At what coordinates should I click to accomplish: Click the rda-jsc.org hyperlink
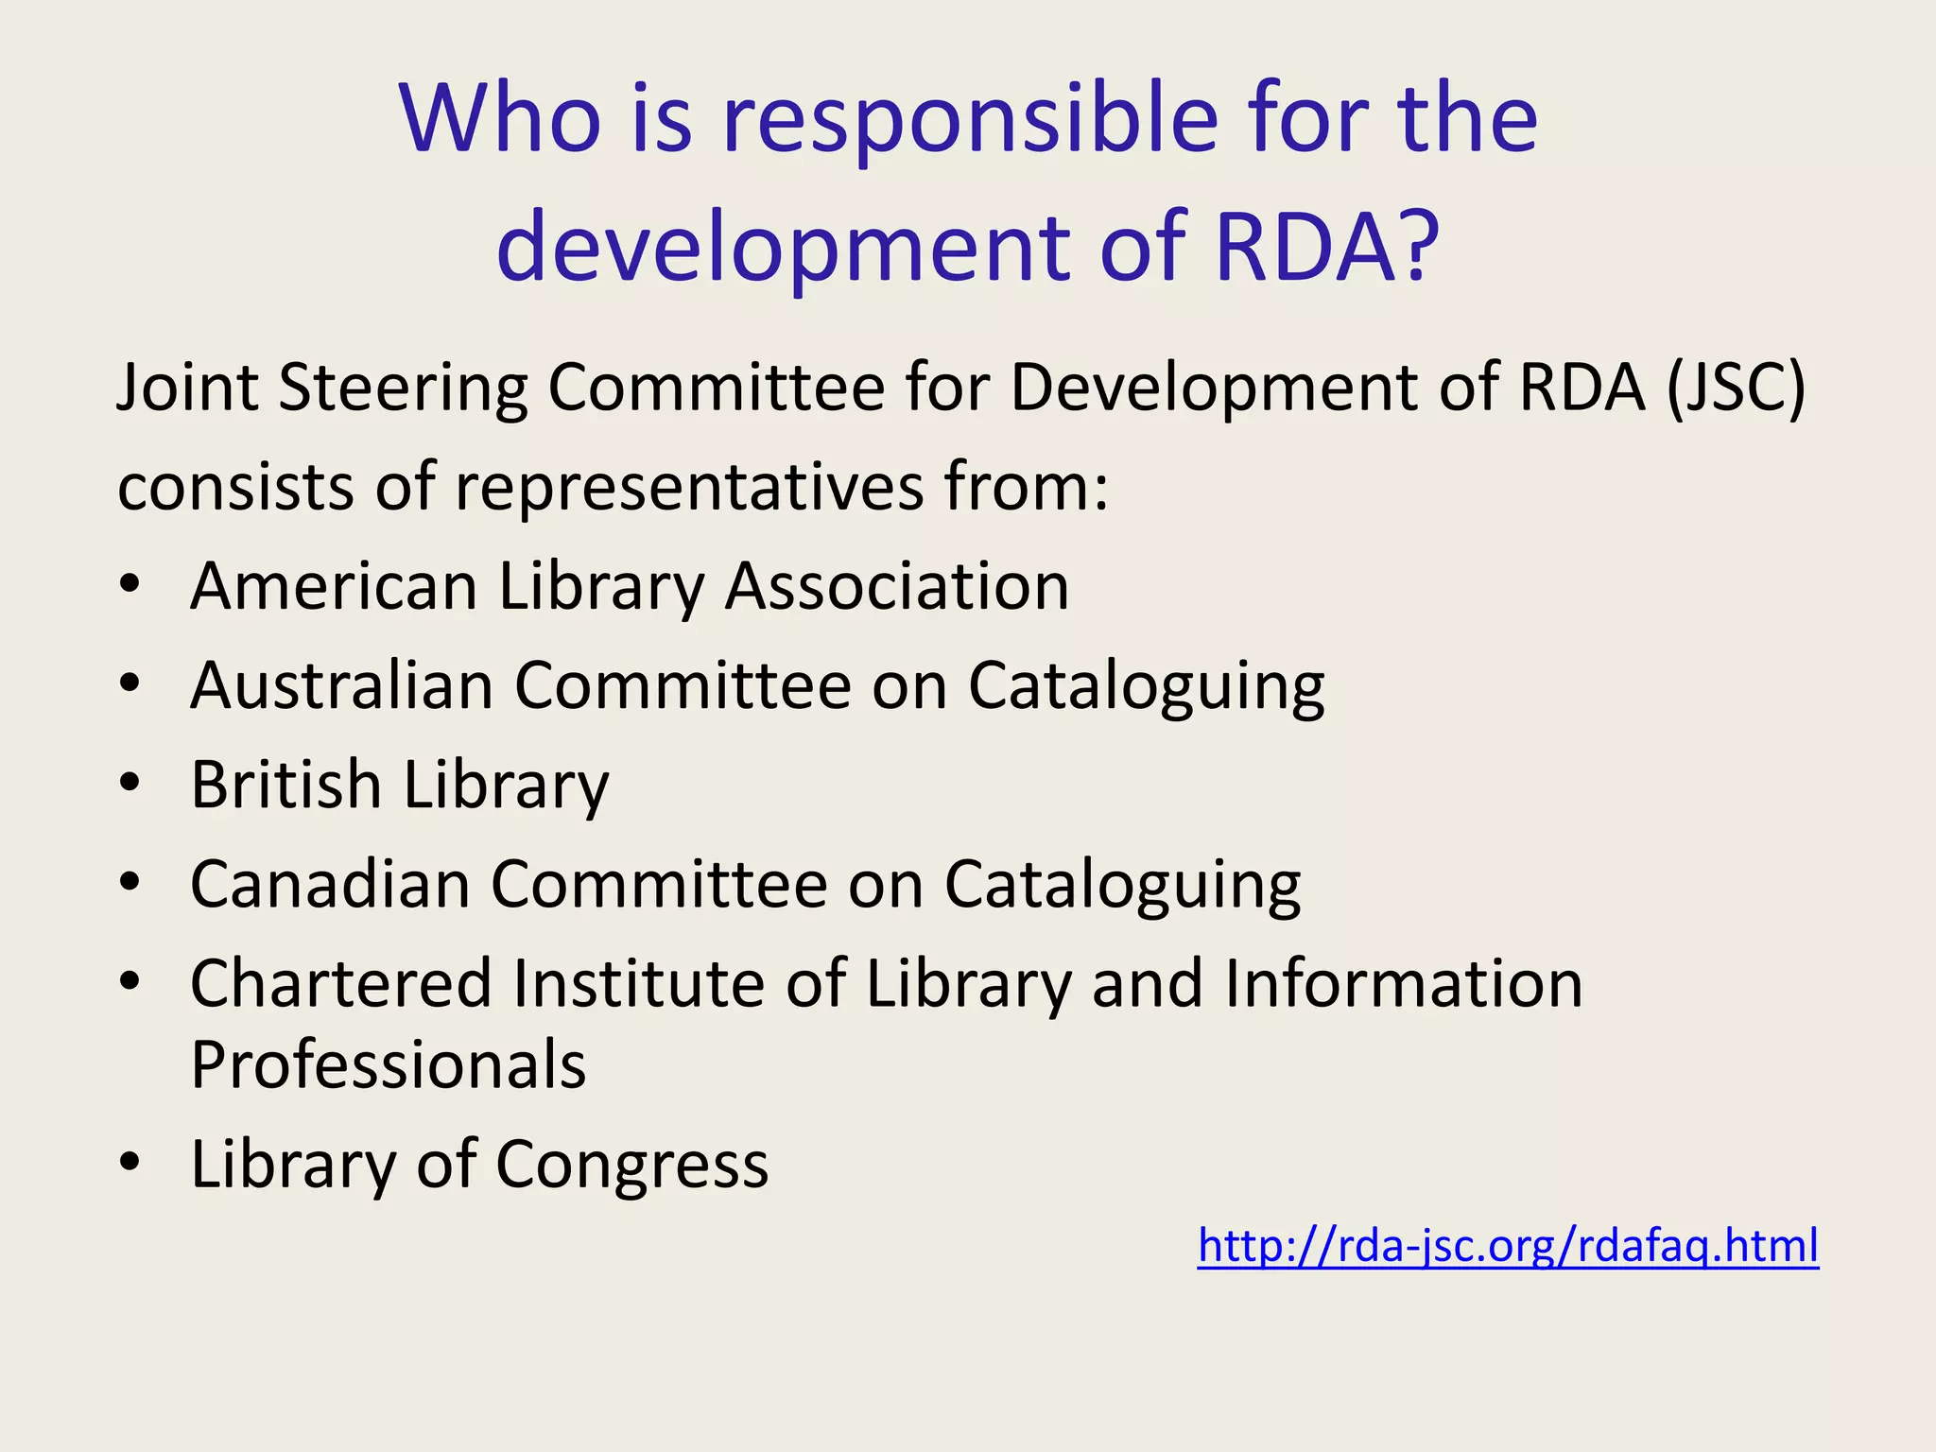(1508, 1246)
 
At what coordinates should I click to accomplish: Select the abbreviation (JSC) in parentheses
(1736, 388)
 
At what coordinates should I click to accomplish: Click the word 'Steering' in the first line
(403, 389)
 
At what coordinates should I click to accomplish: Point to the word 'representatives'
(690, 488)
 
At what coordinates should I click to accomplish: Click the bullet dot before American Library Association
(130, 582)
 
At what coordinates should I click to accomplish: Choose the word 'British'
(285, 785)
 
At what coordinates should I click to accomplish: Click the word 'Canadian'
(331, 885)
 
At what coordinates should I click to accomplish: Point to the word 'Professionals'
(389, 1065)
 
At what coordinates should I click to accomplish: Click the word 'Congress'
(631, 1166)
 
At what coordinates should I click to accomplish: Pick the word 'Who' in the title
(500, 120)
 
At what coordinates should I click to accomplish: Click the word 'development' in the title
(785, 248)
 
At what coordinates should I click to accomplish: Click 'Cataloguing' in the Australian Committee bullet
(1146, 686)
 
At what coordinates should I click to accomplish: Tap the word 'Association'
(897, 586)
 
